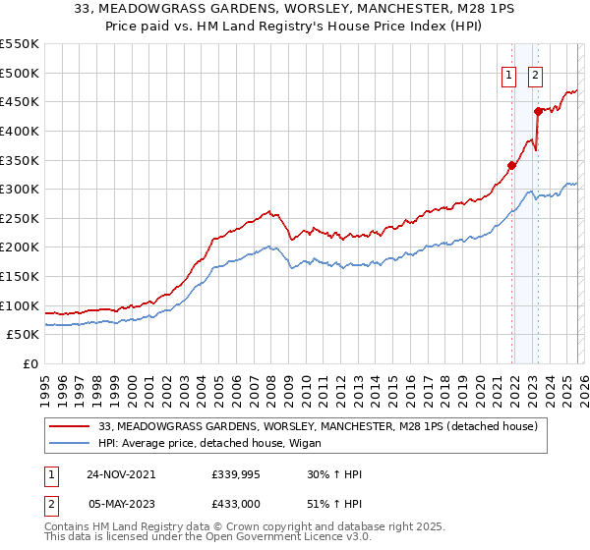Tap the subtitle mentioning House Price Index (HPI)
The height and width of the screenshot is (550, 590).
295,27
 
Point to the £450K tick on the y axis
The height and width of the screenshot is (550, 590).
20,101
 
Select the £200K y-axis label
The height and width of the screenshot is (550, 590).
20,247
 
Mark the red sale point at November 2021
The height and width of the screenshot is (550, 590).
512,165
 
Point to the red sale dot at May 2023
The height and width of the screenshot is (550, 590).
538,111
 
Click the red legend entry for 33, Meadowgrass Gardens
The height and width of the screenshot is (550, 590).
317,427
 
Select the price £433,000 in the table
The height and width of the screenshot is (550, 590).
233,503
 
